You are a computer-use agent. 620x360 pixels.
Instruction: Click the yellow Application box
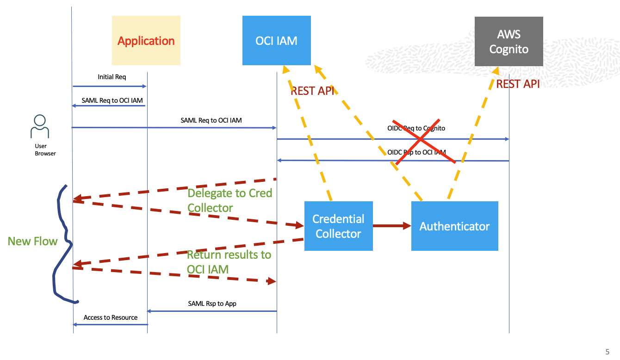tap(146, 41)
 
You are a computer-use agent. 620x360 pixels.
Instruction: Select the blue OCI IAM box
tap(276, 41)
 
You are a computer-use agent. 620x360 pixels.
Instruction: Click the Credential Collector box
tap(338, 226)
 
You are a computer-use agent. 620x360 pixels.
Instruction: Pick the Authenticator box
tap(454, 226)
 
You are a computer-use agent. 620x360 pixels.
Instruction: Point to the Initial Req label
tap(112, 77)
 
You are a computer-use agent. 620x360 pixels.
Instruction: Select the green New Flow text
tap(32, 241)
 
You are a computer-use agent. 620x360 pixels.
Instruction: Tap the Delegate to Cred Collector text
tap(229, 200)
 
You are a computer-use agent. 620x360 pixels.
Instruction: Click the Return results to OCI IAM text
tap(229, 262)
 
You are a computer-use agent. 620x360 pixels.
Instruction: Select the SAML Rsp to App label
tap(212, 304)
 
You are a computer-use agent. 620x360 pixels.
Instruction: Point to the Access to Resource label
tap(111, 317)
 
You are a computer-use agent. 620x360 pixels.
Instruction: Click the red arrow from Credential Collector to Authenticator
tap(392, 226)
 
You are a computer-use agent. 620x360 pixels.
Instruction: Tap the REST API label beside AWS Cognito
tap(518, 84)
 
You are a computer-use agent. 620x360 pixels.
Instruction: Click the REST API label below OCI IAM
tap(312, 91)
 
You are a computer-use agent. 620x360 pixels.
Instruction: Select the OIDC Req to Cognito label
tap(416, 128)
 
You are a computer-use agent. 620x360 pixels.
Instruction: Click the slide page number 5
tap(607, 351)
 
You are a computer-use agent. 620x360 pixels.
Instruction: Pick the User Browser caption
tap(45, 149)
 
